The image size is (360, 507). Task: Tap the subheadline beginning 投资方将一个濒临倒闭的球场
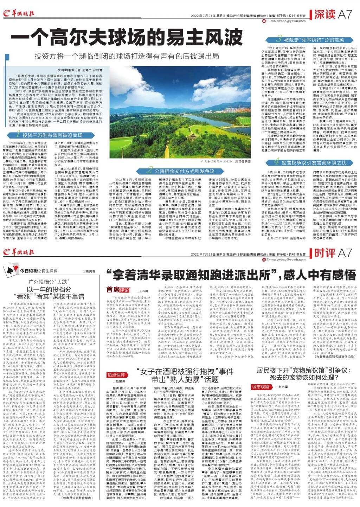tap(127, 56)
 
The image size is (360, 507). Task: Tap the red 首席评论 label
tap(118, 290)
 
